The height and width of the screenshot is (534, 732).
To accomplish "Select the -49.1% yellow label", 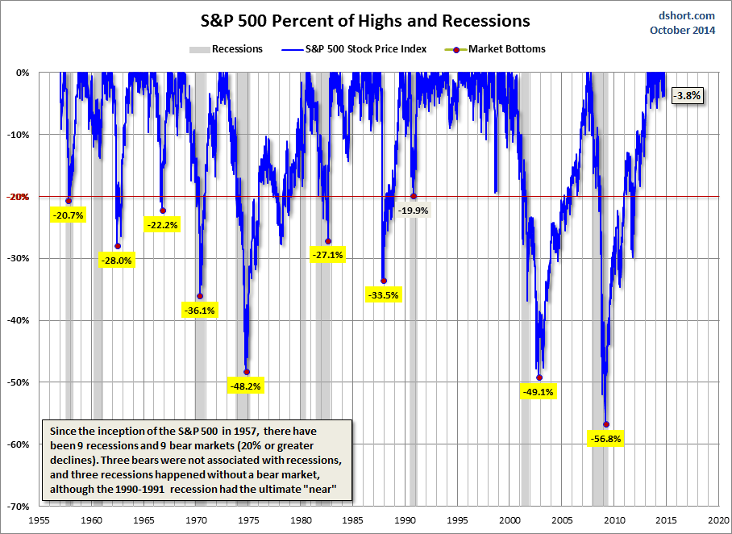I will click(539, 392).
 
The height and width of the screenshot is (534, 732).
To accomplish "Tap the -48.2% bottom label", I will click(246, 386).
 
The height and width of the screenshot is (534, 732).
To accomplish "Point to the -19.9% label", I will click(414, 211).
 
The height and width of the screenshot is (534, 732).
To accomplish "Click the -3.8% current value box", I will click(689, 95).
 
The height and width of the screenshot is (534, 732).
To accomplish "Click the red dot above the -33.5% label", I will click(384, 281).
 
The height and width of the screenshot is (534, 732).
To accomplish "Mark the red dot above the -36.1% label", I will click(200, 296).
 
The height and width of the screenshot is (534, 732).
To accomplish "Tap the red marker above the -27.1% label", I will click(328, 241).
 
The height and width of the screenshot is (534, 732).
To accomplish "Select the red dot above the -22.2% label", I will click(163, 211).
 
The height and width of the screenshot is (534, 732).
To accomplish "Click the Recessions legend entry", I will click(227, 49).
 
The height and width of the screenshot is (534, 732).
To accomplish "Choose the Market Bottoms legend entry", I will click(495, 49).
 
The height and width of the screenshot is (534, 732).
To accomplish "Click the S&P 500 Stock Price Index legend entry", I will click(354, 49).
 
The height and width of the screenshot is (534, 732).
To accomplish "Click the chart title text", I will click(360, 20).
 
